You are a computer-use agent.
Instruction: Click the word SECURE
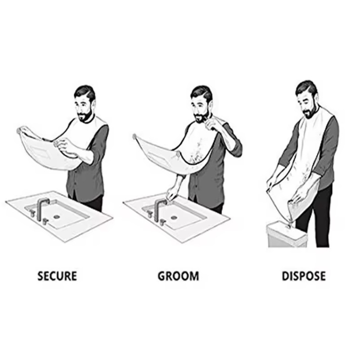click(x=57, y=276)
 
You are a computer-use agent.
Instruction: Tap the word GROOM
click(x=178, y=276)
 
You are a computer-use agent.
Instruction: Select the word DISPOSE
click(x=304, y=276)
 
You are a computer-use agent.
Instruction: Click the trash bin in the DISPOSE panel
click(x=287, y=235)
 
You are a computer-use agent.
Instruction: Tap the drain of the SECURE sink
click(x=57, y=216)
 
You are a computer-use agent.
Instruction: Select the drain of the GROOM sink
click(x=174, y=217)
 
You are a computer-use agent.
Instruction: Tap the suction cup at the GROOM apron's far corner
click(x=135, y=137)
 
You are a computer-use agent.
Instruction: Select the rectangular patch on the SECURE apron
click(x=40, y=151)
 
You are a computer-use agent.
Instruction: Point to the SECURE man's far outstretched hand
click(x=22, y=130)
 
